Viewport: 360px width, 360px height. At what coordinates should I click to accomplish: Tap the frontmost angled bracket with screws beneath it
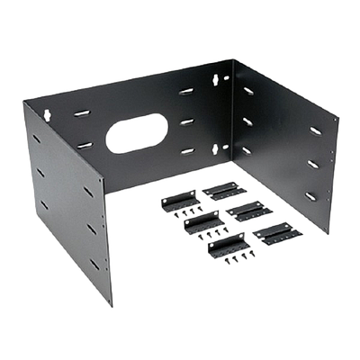click(227, 244)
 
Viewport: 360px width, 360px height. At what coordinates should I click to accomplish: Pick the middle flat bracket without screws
click(245, 209)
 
